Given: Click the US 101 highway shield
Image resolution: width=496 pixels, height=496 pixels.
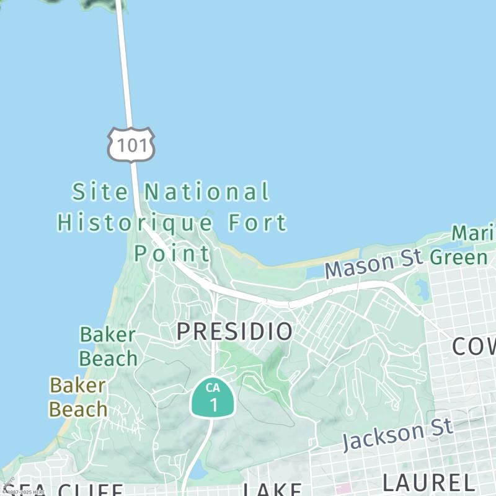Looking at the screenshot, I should coord(131,144).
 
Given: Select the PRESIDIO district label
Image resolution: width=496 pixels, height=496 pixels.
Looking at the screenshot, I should coord(234,331).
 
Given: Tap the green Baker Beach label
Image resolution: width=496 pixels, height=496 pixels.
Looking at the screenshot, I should coord(108,347).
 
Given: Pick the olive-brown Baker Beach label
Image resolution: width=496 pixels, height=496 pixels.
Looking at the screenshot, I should coord(79,397).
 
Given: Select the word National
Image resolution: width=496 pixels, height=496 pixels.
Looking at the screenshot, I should coord(208,192).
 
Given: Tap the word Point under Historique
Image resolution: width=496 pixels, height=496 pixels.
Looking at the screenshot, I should coord(172,253).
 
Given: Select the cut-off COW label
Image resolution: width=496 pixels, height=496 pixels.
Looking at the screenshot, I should coord(474,347).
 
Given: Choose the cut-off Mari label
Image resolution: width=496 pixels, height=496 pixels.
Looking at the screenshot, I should coord(474,234).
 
